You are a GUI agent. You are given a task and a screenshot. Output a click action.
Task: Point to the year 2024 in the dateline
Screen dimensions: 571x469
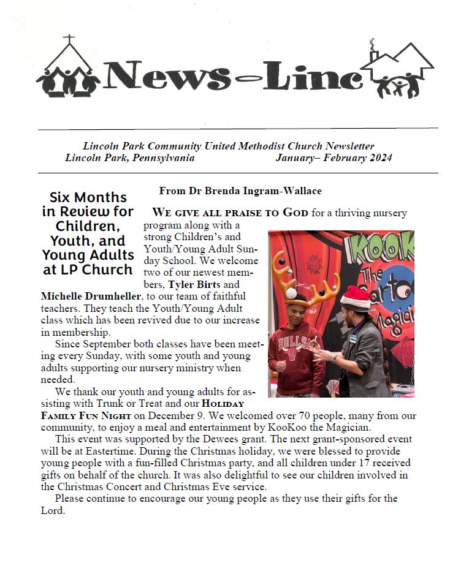379,158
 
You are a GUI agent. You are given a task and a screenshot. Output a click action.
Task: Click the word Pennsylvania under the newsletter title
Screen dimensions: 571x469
161,158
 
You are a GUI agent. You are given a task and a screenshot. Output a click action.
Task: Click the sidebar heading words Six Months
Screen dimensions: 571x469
88,197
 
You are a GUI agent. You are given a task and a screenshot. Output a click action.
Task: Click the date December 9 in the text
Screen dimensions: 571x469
161,416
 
